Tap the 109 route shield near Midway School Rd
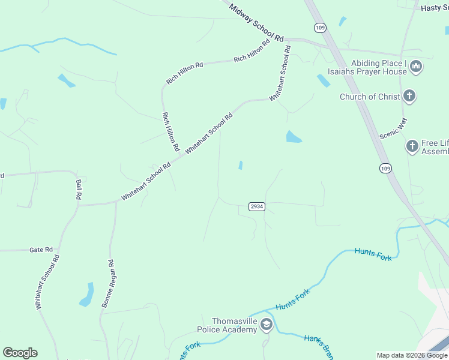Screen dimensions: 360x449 pos(319,28)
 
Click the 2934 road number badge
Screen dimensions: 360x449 pos(256,206)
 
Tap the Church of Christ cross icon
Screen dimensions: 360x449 pos(409,96)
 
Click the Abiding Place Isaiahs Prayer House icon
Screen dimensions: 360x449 pos(416,67)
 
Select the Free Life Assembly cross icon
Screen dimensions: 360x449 pos(412,146)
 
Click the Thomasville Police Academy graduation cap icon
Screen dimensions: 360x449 pos(266,325)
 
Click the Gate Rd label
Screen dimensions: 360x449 pos(41,250)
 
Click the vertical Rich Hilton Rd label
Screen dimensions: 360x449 pos(170,131)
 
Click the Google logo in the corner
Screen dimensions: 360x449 pos(20,353)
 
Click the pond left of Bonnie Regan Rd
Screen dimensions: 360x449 pos(87,295)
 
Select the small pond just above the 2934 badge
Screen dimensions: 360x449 pos(241,165)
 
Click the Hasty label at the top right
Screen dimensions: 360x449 pos(434,8)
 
